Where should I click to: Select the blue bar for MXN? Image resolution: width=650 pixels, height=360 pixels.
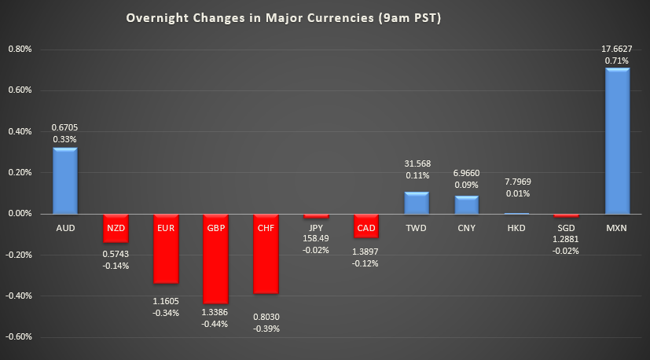(617, 141)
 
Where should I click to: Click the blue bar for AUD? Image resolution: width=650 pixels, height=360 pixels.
(65, 181)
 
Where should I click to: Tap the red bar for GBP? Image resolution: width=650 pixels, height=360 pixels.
(216, 259)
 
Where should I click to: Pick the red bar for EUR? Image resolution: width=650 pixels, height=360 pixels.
(166, 248)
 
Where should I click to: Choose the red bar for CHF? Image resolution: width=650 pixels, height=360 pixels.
(266, 253)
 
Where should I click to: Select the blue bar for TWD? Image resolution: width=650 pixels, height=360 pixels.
(417, 203)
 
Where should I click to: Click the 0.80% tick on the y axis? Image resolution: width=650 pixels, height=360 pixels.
(19, 50)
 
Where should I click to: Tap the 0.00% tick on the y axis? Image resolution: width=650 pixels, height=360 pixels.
(19, 214)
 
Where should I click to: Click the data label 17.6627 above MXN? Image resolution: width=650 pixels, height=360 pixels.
(618, 48)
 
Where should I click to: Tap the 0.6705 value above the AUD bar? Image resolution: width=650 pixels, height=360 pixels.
(65, 127)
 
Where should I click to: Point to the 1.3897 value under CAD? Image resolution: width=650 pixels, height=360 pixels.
(366, 252)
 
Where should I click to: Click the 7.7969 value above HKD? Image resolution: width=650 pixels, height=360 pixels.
(517, 181)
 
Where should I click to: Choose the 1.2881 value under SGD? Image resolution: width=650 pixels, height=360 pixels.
(567, 239)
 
